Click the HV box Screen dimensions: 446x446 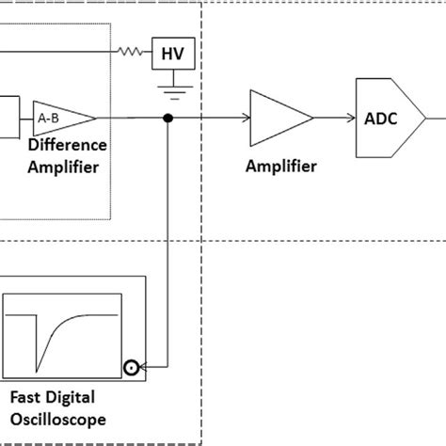[x=174, y=55]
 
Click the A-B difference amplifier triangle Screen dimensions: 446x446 [x=62, y=118]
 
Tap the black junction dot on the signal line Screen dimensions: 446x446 [x=168, y=119]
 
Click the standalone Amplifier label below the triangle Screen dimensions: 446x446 [x=280, y=167]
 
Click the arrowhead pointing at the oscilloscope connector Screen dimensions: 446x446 [x=145, y=367]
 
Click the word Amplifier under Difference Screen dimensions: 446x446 [x=63, y=167]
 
